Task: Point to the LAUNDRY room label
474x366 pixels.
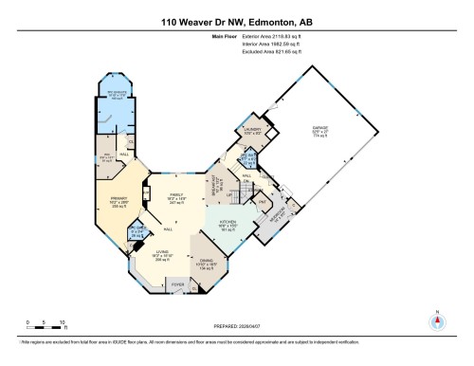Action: pyautogui.click(x=252, y=130)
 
